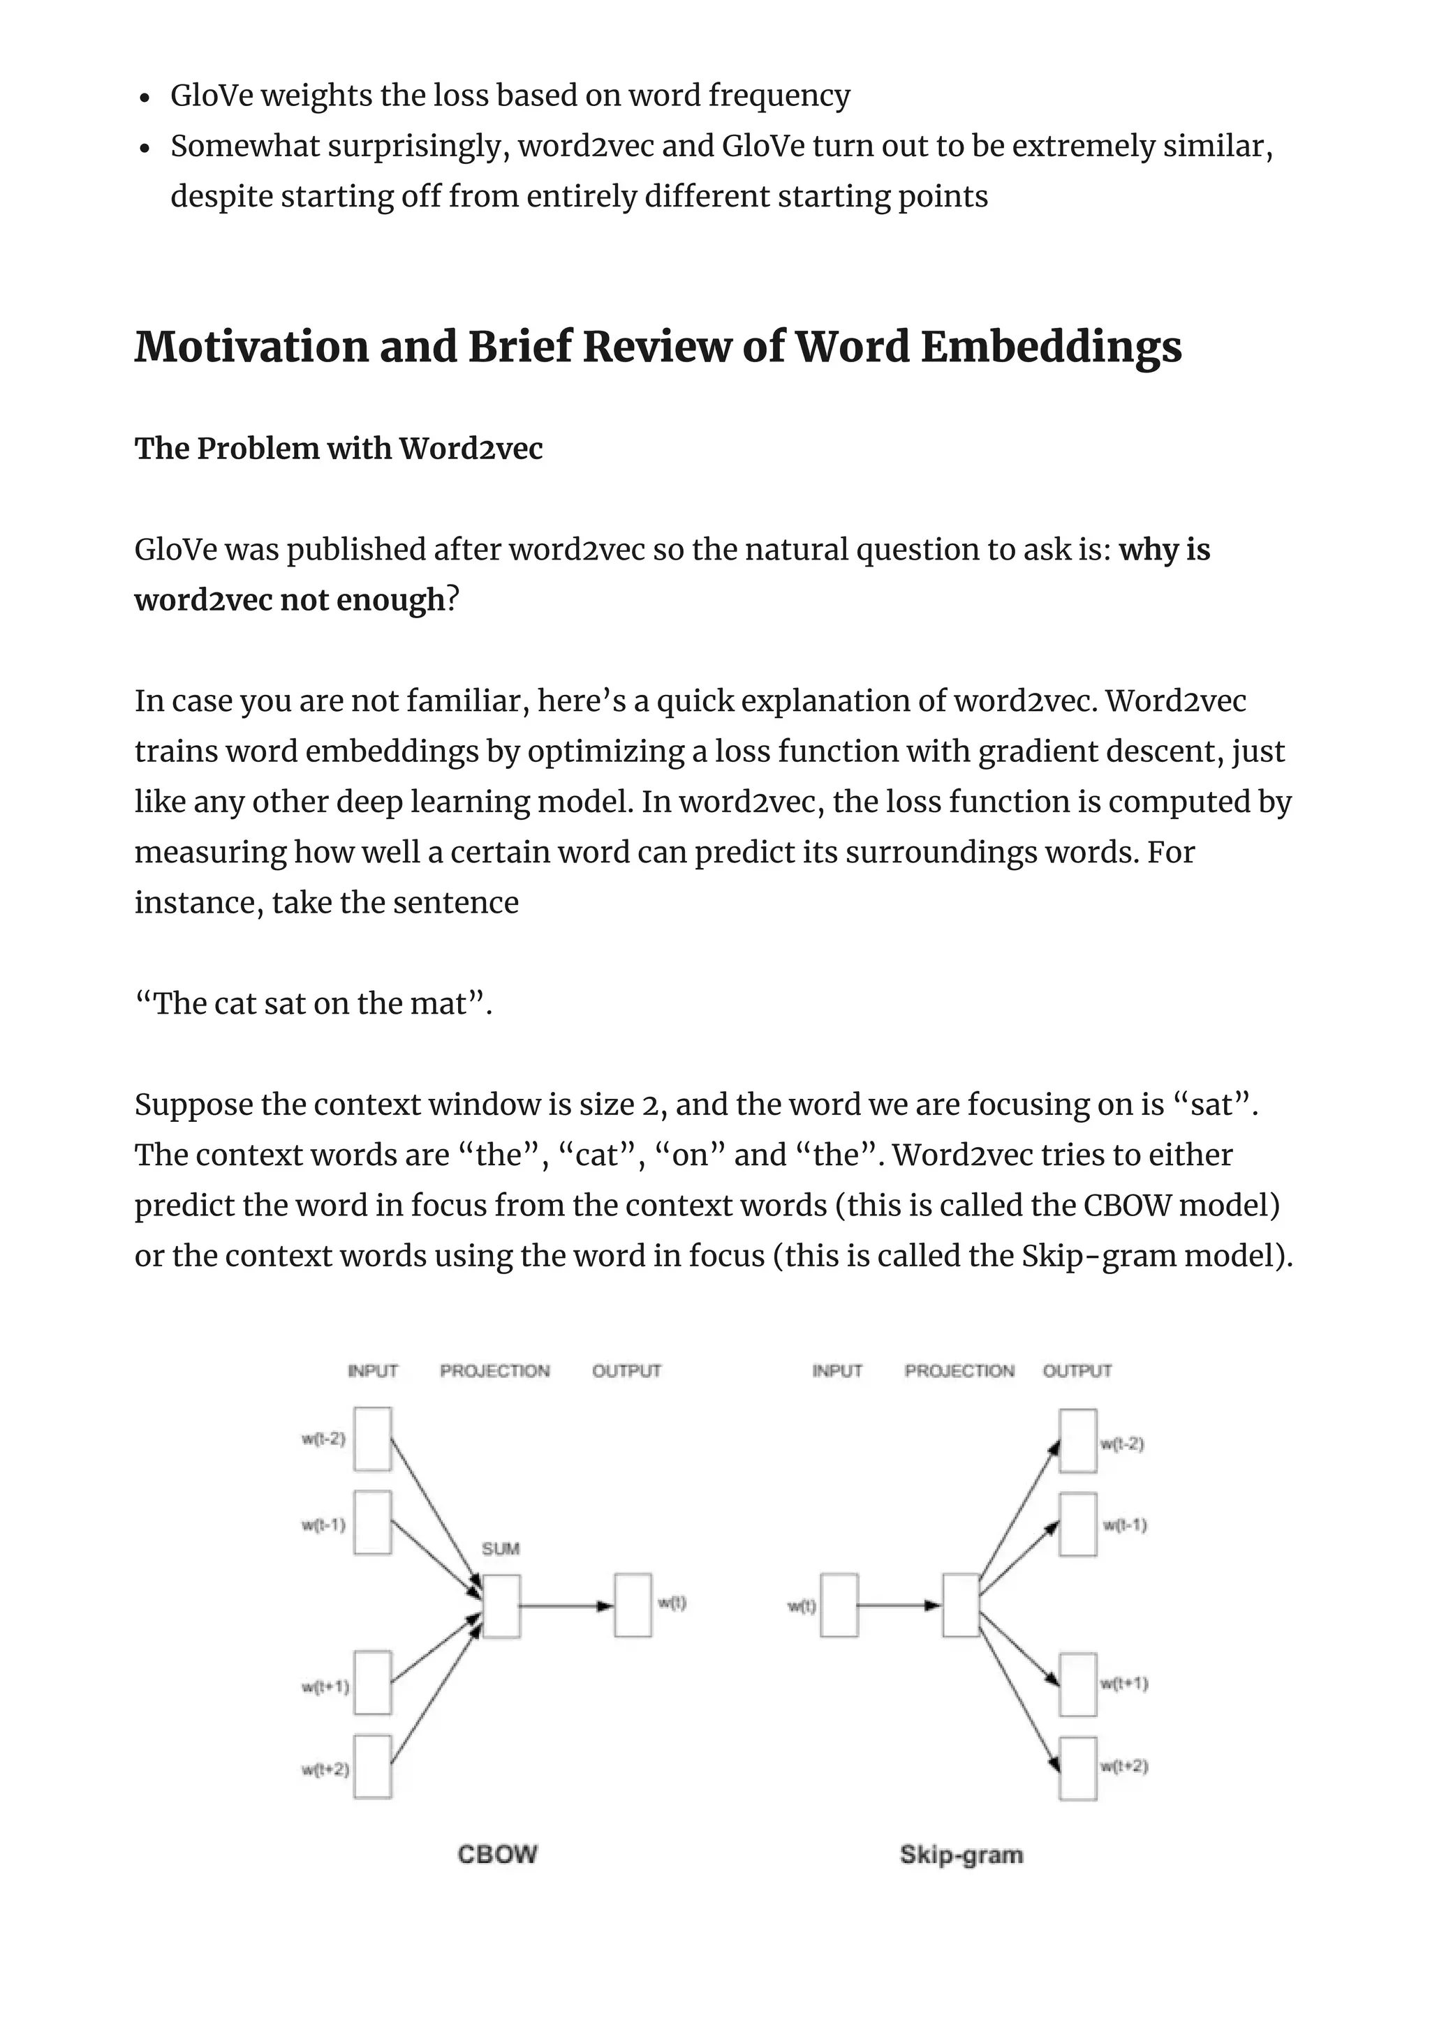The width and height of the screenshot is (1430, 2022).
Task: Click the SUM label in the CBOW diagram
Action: [501, 1548]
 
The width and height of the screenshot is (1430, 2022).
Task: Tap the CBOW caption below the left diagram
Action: [498, 1854]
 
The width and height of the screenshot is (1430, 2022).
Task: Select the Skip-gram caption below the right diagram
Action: [961, 1855]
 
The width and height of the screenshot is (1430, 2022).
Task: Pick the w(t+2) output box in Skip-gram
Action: [1077, 1768]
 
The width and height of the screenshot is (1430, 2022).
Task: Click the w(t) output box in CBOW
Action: [633, 1605]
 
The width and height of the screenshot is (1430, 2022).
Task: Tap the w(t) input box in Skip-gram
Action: [839, 1605]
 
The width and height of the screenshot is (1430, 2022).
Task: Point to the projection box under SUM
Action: [501, 1605]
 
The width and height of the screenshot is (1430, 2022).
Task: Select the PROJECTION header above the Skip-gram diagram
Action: [959, 1371]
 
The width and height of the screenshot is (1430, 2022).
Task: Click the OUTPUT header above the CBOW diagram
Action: [626, 1371]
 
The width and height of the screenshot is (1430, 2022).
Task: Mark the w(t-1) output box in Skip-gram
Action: [1077, 1525]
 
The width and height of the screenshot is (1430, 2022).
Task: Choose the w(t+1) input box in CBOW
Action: [373, 1683]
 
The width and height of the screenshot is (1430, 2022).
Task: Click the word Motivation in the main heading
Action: [251, 346]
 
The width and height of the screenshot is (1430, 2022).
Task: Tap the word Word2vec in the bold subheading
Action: [471, 448]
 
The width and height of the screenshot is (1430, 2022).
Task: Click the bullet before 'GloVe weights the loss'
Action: [146, 97]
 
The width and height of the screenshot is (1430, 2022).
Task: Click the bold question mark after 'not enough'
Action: [453, 600]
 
